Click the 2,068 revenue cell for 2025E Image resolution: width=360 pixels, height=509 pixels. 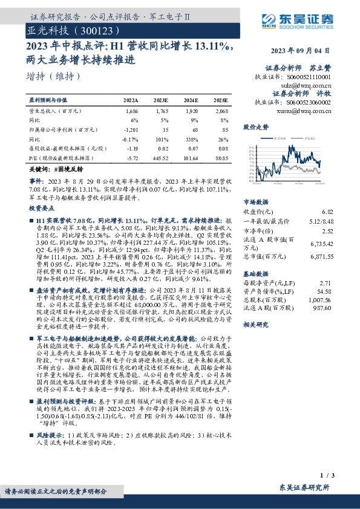coord(221,112)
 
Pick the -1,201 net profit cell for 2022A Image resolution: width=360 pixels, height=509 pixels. coord(131,130)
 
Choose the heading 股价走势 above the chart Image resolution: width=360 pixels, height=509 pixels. coord(255,128)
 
